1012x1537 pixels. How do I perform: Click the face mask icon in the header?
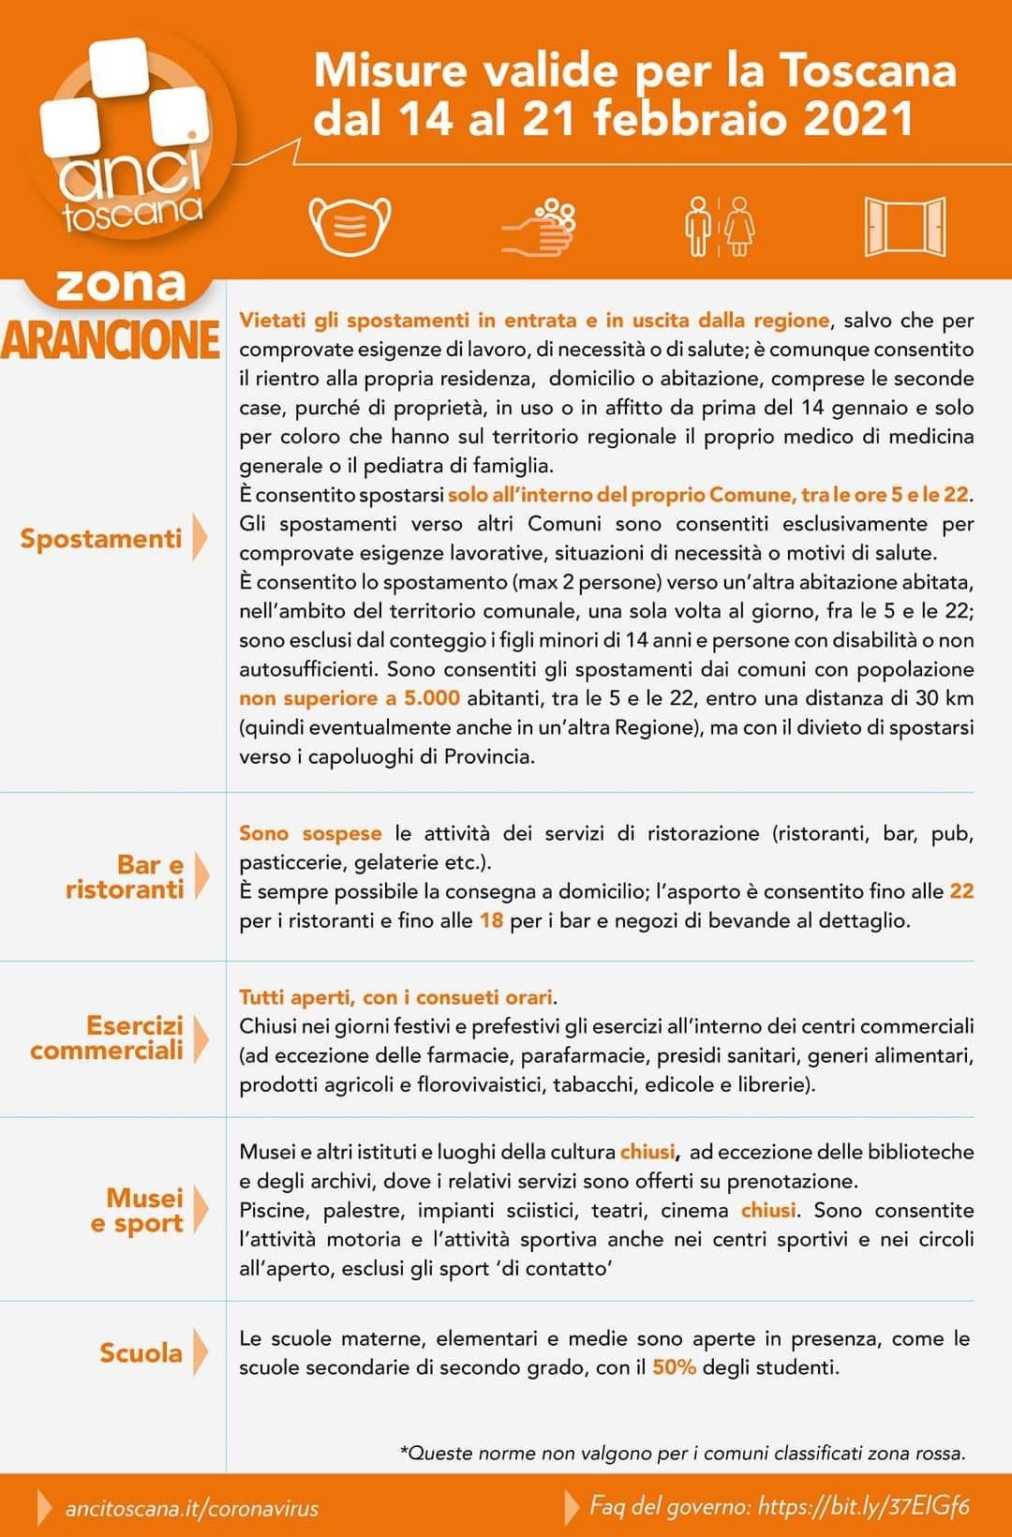(350, 225)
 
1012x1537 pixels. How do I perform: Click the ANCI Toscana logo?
(126, 141)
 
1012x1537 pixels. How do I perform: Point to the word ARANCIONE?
(111, 340)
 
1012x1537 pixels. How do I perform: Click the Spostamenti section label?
(101, 539)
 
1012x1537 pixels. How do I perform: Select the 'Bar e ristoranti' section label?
(125, 877)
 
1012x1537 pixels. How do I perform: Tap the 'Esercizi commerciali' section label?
(107, 1037)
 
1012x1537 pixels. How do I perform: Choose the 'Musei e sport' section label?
(137, 1211)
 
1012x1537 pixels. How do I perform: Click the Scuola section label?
(141, 1352)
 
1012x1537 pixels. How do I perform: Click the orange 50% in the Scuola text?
(674, 1367)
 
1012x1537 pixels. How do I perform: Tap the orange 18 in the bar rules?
(491, 920)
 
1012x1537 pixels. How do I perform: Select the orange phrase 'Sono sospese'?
(310, 833)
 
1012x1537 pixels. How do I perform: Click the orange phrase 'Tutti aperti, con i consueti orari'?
(396, 997)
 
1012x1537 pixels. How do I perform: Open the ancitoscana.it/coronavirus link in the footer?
(191, 1509)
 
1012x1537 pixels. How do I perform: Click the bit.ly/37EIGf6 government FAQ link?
(863, 1507)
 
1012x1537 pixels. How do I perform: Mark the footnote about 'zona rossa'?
(682, 1454)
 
